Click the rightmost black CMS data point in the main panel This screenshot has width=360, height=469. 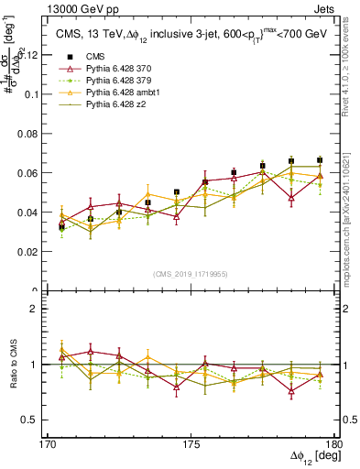point(320,159)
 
